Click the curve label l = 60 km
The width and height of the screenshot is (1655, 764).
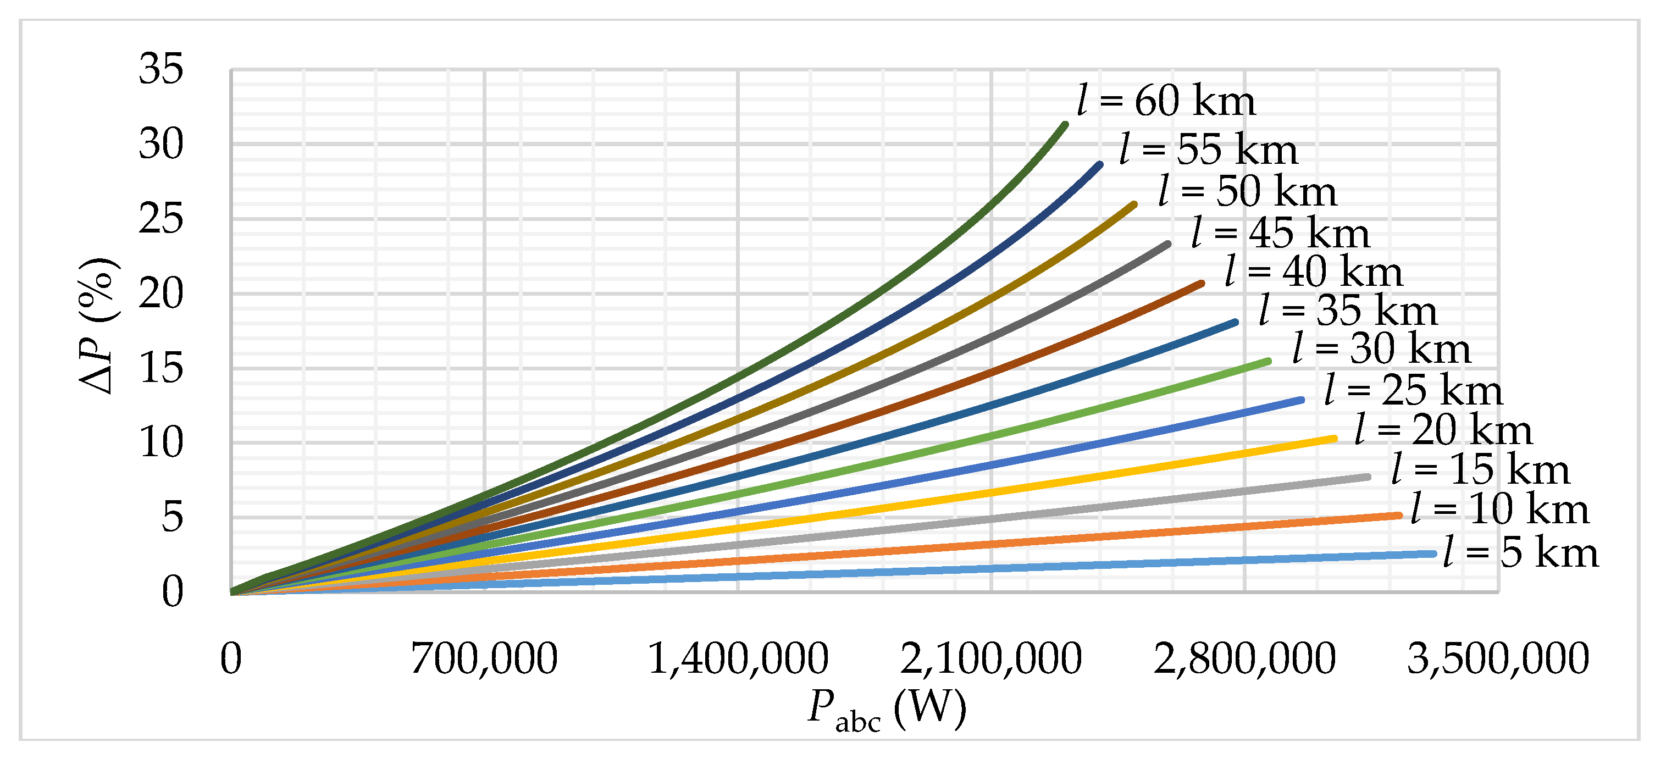coord(1166,102)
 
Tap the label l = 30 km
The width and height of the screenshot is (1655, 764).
coord(1381,350)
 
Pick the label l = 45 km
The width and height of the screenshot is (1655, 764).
coord(1281,233)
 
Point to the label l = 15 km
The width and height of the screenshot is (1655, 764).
coord(1480,470)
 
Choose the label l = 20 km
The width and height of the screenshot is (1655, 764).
coord(1443,430)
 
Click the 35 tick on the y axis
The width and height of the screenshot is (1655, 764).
coord(160,69)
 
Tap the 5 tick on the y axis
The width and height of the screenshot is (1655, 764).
coord(171,517)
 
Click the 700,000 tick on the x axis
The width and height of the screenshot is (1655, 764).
coord(484,659)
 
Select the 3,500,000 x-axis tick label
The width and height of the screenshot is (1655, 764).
coord(1498,659)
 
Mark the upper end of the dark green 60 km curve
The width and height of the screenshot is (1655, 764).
coord(1065,124)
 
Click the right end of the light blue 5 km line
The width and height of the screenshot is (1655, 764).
coord(1434,553)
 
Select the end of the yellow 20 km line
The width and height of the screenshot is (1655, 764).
coord(1335,439)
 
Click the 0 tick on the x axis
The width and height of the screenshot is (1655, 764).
coord(231,659)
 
